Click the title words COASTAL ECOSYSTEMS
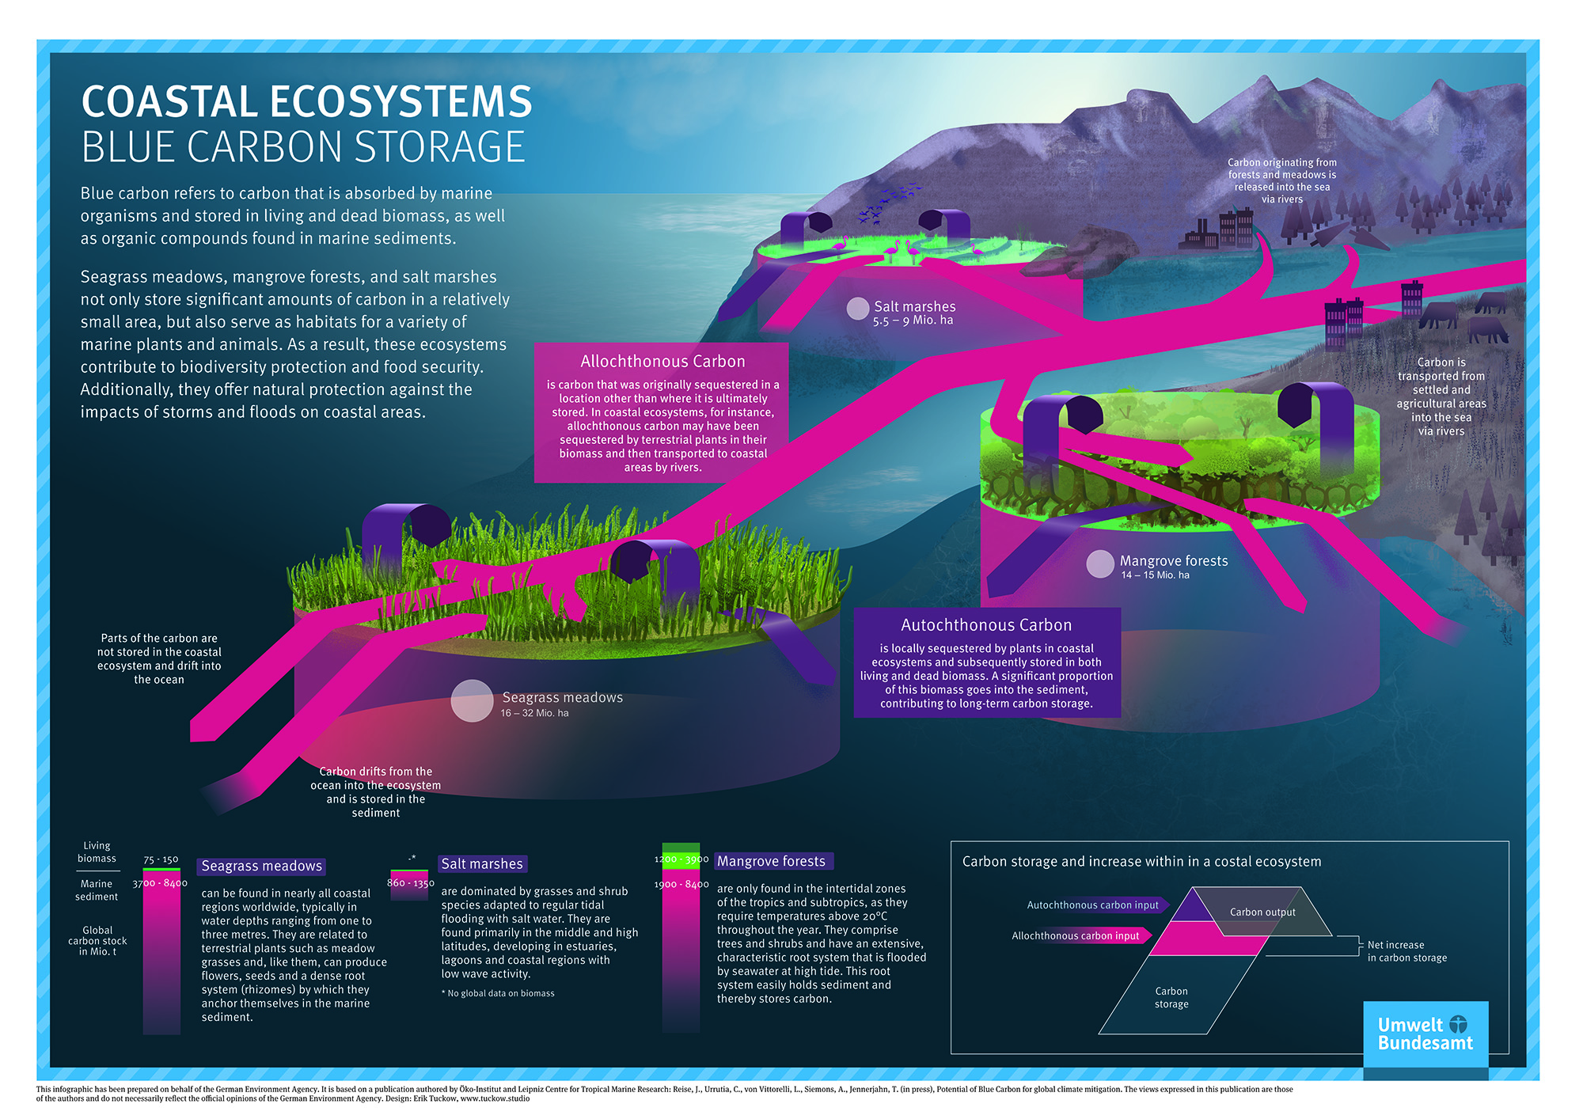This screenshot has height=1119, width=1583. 306,102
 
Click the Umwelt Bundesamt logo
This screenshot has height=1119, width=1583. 1425,1034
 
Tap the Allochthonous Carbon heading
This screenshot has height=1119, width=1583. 662,362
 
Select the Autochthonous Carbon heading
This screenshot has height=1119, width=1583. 986,625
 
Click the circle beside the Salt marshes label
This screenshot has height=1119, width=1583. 858,309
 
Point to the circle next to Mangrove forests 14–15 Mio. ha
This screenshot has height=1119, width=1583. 1100,564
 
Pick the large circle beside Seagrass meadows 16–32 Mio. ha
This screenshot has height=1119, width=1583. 472,701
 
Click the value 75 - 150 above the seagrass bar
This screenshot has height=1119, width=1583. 161,859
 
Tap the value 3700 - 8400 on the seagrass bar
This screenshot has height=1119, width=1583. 160,883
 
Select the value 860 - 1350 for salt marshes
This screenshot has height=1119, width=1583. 410,883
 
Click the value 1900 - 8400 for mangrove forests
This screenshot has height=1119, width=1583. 681,885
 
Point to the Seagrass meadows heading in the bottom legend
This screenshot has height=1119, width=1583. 261,867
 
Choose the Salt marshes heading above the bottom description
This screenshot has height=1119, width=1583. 482,864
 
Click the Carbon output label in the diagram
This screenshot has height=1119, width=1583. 1262,912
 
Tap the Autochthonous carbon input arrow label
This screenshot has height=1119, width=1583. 1092,905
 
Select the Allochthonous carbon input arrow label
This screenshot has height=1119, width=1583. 1075,936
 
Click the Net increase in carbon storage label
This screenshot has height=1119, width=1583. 1406,951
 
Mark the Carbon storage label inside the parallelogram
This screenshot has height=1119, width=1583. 1171,998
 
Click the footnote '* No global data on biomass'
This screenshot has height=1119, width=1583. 498,994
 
